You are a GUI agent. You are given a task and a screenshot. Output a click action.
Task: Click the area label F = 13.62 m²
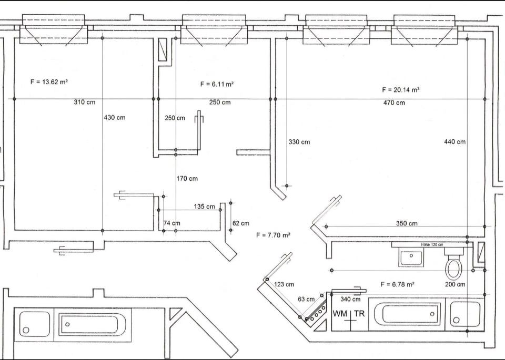click(49, 81)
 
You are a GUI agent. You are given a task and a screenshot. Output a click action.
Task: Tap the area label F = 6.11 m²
click(217, 84)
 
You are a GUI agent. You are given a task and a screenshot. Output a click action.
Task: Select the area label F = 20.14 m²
click(401, 90)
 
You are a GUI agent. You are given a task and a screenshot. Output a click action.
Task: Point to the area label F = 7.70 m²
click(274, 235)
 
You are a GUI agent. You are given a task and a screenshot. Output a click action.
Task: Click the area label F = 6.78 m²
click(398, 284)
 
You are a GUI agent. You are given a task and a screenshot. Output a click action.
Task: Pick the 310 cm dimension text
click(85, 102)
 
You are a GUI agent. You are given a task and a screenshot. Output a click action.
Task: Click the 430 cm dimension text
click(115, 118)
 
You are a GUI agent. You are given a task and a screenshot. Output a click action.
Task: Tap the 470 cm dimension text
click(394, 103)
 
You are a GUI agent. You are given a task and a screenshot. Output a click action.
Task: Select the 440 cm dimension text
click(454, 141)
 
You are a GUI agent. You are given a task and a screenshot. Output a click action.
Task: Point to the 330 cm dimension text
click(299, 142)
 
